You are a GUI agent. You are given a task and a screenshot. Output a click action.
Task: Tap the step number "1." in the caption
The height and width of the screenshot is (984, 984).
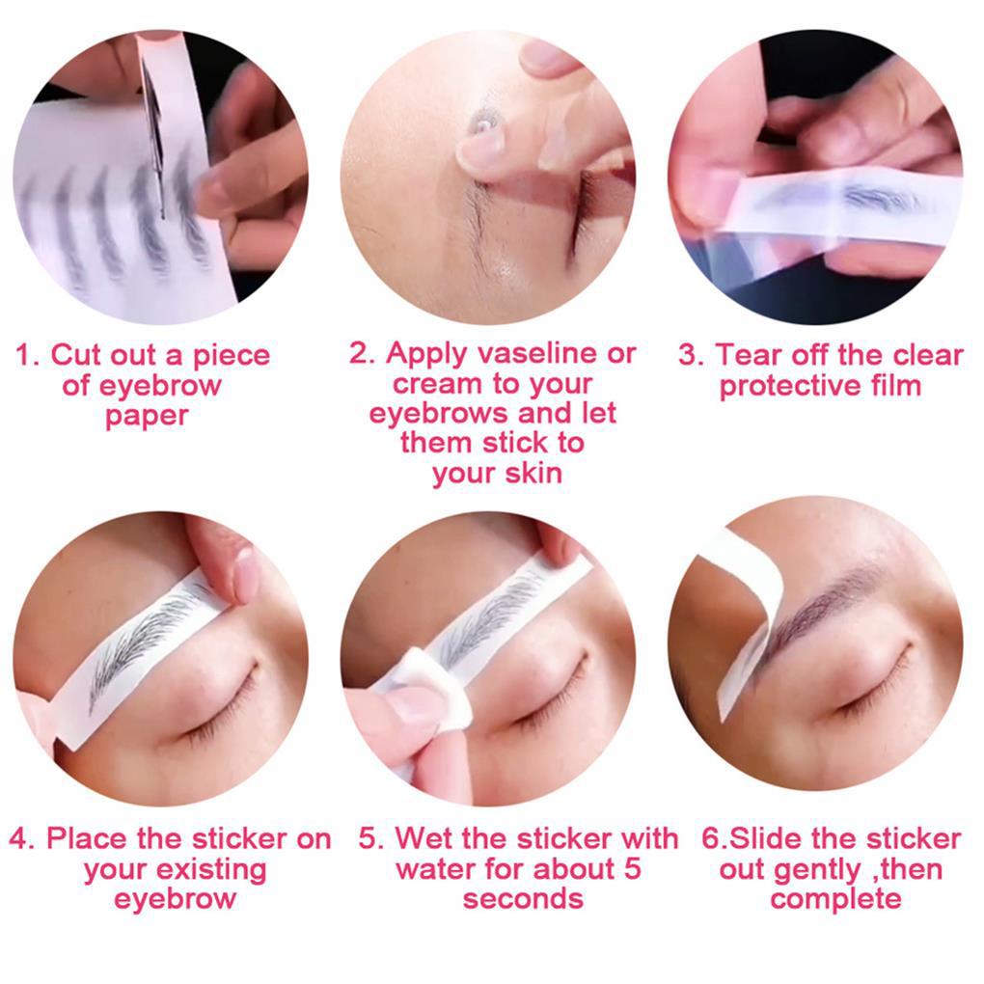point(27,355)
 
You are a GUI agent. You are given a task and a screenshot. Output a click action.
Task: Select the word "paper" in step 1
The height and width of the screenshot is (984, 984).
point(147,417)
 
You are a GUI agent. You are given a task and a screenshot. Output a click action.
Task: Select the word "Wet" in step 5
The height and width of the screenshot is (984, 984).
point(427,837)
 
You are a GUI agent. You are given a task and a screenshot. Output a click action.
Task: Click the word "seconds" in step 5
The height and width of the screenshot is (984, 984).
point(523,899)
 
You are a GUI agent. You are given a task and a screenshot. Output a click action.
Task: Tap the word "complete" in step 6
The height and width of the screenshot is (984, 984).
point(835,899)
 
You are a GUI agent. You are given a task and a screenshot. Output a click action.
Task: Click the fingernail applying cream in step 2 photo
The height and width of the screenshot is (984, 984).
point(478,145)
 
